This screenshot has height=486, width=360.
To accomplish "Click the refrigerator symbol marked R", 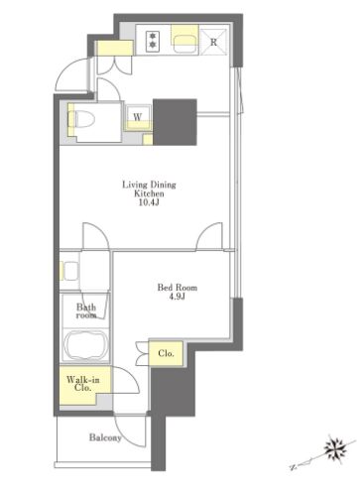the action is [x=214, y=42].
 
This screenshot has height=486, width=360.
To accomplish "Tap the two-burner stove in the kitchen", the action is [x=153, y=40].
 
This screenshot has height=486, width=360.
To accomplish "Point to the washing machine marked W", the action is [x=138, y=117].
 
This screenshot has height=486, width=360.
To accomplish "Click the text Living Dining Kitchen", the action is [x=149, y=188].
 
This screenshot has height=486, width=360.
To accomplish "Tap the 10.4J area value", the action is [x=149, y=202].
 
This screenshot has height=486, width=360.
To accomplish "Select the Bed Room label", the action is [x=178, y=288].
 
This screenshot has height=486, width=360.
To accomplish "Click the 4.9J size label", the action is [x=178, y=297].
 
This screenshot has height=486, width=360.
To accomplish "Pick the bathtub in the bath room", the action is [x=86, y=345].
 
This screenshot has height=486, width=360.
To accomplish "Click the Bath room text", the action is [x=86, y=311].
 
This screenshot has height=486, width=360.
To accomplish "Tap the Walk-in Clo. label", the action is [x=83, y=384].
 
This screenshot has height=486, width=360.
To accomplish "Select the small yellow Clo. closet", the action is [x=166, y=353].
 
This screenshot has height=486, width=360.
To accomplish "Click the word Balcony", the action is [x=105, y=437].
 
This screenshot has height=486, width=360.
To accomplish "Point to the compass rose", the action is [x=335, y=448].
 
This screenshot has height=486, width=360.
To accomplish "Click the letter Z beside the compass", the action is [x=293, y=467].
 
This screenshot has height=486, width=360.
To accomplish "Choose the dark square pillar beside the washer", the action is [x=175, y=122].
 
